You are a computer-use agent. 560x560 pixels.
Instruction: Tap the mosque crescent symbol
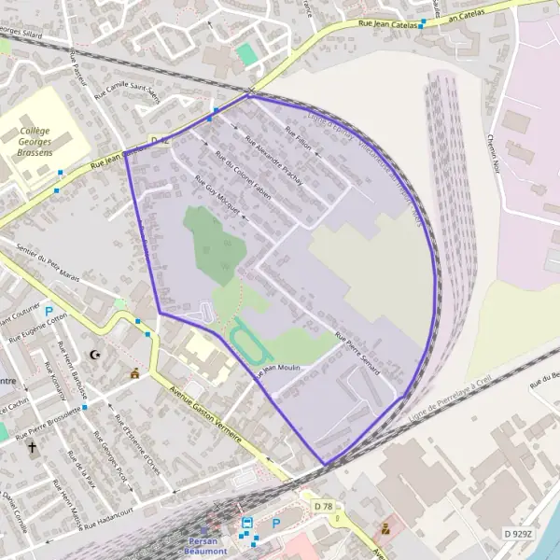click(93, 355)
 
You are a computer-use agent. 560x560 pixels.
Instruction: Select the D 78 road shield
click(324, 506)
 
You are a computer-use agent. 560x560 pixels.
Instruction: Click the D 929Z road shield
click(518, 533)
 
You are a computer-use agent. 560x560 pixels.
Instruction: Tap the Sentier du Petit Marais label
click(46, 262)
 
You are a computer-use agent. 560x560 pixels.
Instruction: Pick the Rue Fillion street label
click(298, 139)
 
